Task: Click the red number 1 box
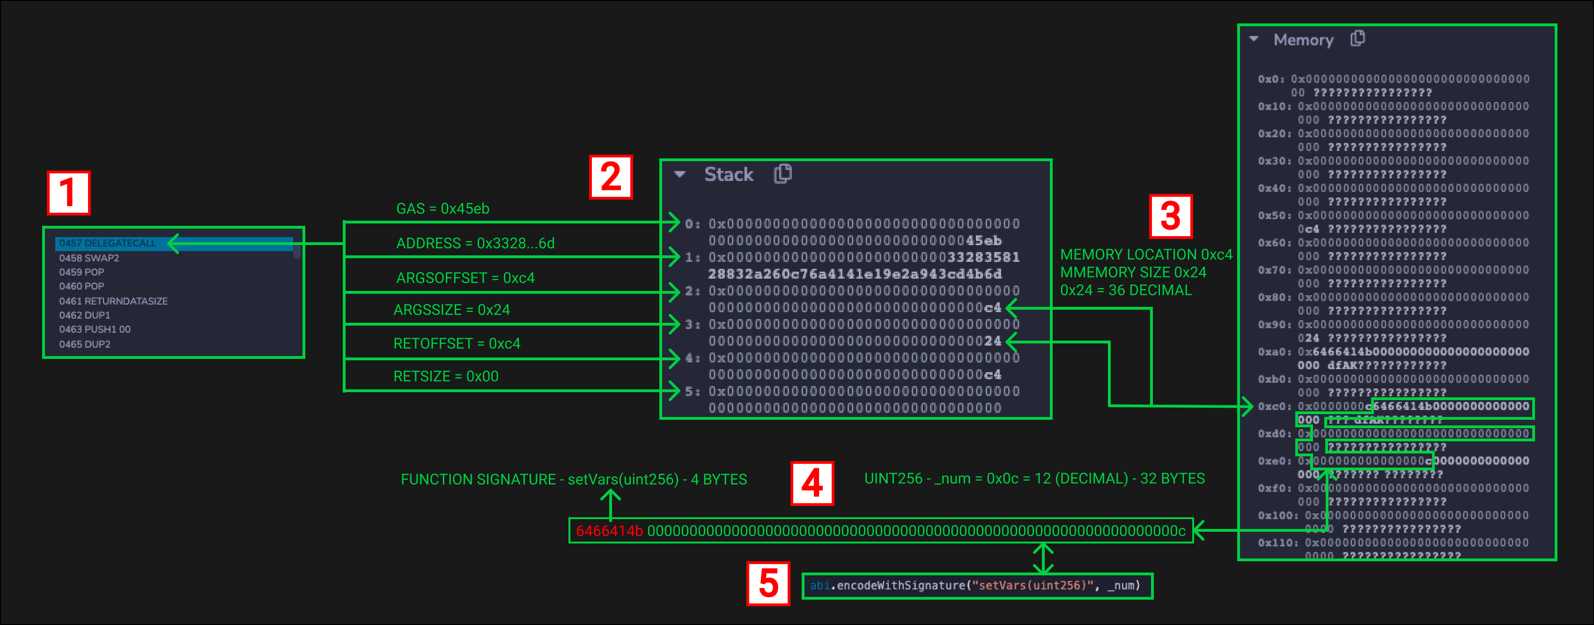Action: (x=69, y=193)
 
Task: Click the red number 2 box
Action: (x=611, y=177)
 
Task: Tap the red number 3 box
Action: (x=1170, y=216)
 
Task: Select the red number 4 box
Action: (x=812, y=484)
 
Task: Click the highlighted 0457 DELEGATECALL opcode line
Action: (x=108, y=243)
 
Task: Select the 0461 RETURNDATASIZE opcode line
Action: (x=113, y=301)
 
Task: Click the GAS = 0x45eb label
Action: (x=443, y=208)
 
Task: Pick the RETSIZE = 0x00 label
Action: (x=445, y=376)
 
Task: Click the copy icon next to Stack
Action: (x=783, y=174)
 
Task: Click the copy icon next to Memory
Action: (x=1358, y=38)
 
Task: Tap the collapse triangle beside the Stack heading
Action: (x=680, y=174)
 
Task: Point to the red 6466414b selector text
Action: (x=609, y=531)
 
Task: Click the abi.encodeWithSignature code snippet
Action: (x=976, y=585)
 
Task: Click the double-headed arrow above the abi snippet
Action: (x=1043, y=558)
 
